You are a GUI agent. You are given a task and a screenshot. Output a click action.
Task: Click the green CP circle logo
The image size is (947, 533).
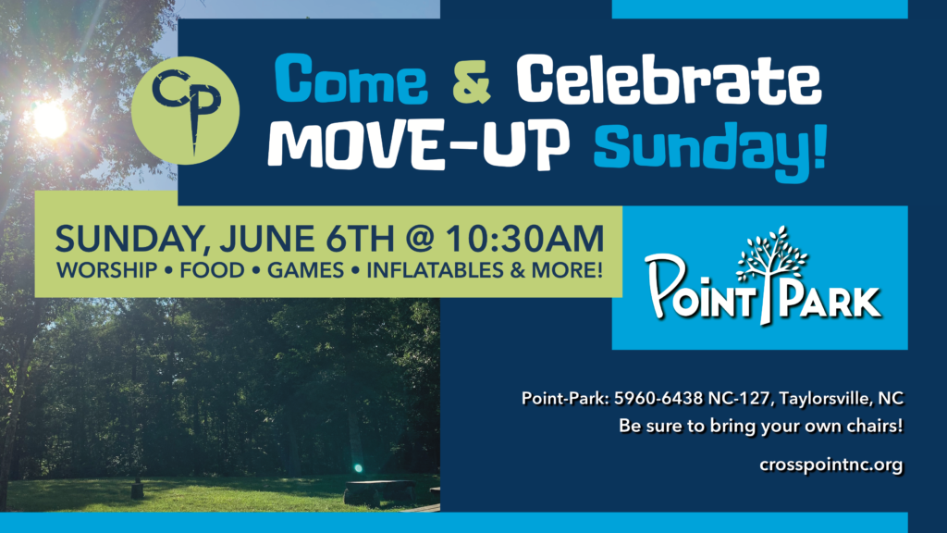pyautogui.click(x=185, y=111)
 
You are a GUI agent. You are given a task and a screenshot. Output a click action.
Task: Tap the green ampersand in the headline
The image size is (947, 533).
pyautogui.click(x=472, y=80)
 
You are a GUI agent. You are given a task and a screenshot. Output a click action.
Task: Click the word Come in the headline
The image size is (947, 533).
pyautogui.click(x=351, y=79)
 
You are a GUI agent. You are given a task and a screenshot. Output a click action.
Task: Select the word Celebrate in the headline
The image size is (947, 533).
pyautogui.click(x=669, y=79)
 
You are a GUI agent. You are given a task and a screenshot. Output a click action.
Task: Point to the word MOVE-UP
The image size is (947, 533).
pyautogui.click(x=419, y=144)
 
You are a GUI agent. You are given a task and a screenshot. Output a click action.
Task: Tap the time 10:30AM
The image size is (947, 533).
pyautogui.click(x=525, y=238)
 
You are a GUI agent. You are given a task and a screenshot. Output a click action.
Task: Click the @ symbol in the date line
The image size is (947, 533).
pyautogui.click(x=419, y=239)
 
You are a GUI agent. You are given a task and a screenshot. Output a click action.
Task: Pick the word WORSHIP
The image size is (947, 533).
pyautogui.click(x=106, y=270)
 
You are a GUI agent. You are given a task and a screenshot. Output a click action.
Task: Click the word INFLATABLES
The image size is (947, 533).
pyautogui.click(x=435, y=270)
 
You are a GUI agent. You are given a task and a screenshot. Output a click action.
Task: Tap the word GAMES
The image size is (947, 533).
pyautogui.click(x=305, y=270)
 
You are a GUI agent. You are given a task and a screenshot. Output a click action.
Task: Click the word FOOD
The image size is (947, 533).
pyautogui.click(x=212, y=270)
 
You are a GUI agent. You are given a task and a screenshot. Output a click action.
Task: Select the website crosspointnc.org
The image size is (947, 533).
pyautogui.click(x=831, y=465)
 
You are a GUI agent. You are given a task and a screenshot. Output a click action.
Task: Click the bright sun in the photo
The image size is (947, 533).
pyautogui.click(x=50, y=119)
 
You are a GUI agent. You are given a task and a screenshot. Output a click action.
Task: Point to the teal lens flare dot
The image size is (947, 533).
pyautogui.click(x=358, y=468)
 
